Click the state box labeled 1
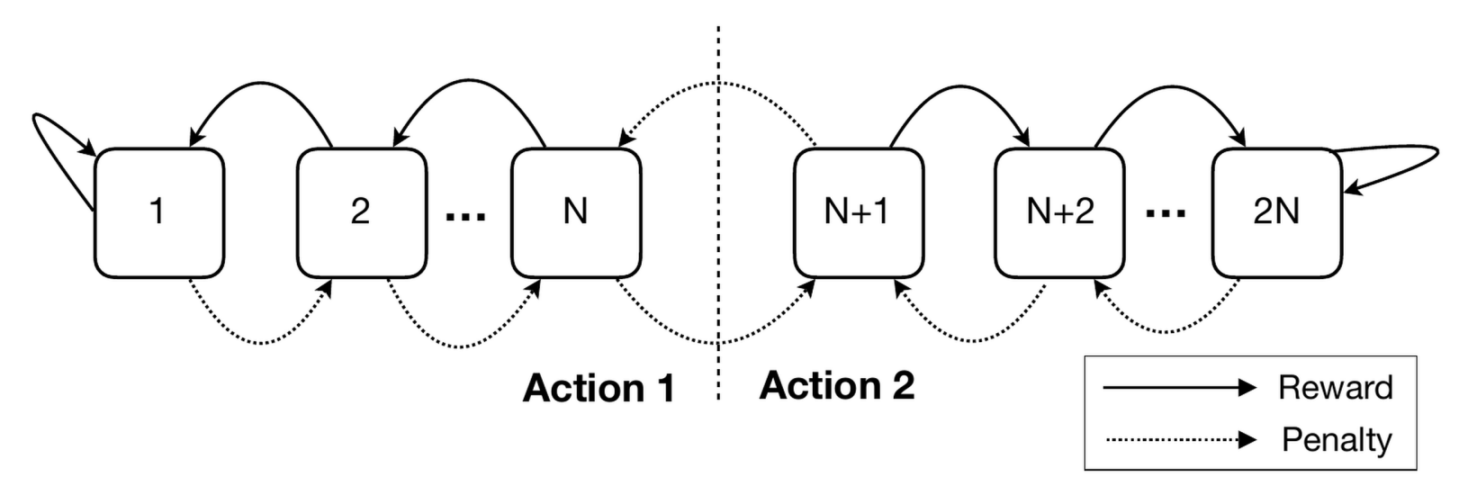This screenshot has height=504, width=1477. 158,212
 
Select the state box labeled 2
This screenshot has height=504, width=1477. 360,212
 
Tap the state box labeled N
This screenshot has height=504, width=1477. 576,212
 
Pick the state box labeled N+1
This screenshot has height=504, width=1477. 858,212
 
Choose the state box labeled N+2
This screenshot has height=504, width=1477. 1060,212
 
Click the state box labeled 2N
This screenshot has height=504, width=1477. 1276,212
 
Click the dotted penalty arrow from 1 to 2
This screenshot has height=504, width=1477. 261,341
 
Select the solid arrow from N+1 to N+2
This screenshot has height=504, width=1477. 959,86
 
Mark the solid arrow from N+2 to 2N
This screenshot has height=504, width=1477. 1170,86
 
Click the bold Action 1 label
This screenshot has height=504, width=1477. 599,389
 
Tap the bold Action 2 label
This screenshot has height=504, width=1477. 837,385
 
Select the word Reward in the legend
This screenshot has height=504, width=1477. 1335,388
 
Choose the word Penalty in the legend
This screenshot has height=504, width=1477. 1337,440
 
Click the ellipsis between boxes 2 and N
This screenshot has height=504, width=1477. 467,216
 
